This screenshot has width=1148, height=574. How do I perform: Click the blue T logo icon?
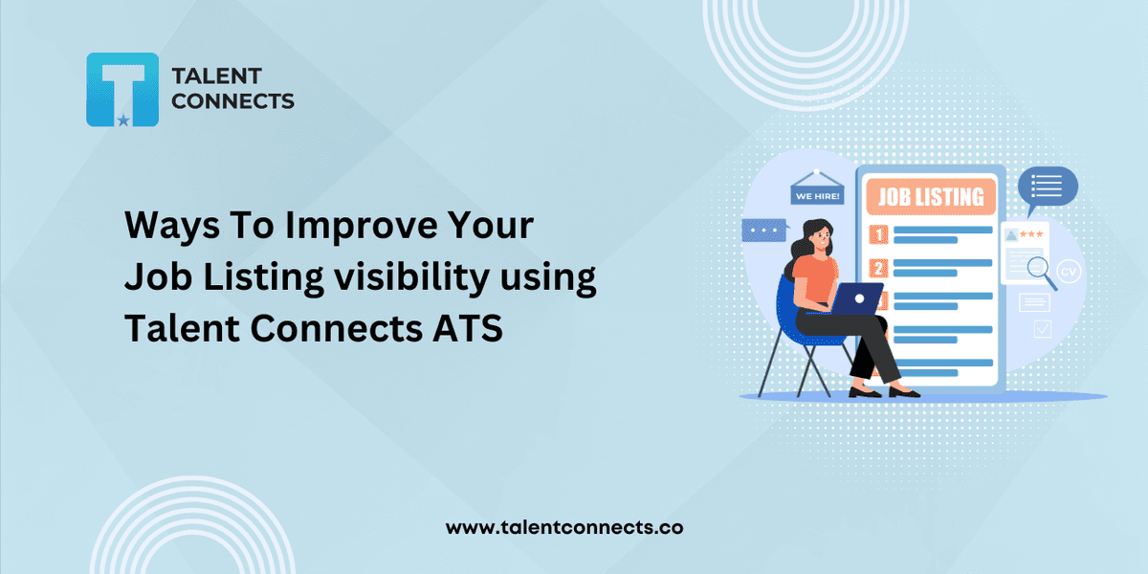point(122,90)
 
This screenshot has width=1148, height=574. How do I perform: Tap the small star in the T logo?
point(123,121)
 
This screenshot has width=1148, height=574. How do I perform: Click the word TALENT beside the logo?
point(217,77)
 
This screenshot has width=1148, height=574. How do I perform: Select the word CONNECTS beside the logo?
point(232,101)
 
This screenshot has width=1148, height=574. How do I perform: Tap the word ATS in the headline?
point(468,328)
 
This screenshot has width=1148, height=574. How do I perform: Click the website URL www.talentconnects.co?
point(564,527)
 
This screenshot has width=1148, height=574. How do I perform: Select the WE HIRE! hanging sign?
point(817,188)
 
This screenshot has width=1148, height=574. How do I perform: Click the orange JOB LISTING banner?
point(931,197)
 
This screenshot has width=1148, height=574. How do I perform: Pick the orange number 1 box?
point(878,234)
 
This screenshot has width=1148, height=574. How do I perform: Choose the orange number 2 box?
point(878,268)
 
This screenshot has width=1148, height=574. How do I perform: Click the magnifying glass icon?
point(1042,273)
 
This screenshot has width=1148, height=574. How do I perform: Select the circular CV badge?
point(1069,271)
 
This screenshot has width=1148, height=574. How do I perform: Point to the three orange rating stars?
point(1031,234)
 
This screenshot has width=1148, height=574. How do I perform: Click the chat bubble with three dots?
point(764,231)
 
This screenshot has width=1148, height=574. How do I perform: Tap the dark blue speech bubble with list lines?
point(1047,188)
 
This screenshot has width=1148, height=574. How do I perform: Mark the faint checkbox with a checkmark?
point(1043,329)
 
